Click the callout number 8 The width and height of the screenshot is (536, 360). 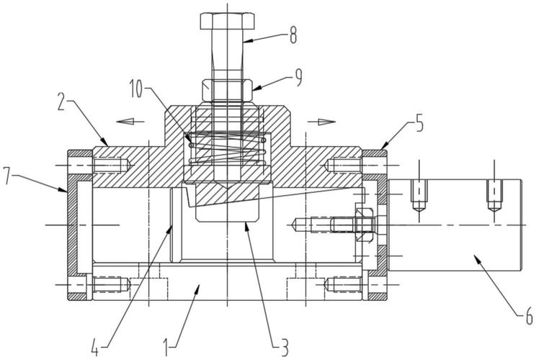292,35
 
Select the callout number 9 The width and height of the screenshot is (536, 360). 298,78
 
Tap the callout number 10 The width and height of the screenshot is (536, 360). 136,89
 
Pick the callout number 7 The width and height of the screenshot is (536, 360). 7,176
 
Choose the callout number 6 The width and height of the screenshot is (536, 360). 529,316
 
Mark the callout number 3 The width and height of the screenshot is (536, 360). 285,347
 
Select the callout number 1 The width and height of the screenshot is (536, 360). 166,347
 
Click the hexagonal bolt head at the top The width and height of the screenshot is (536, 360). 227,21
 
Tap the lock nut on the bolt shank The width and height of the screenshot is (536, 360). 227,90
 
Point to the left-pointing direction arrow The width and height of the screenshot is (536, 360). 130,121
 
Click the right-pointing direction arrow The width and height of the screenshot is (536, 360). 321,122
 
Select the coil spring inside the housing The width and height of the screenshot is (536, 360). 227,148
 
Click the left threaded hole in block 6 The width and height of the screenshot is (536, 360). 419,195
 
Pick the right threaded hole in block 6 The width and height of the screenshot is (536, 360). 494,195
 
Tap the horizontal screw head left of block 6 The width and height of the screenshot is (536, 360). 365,225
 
